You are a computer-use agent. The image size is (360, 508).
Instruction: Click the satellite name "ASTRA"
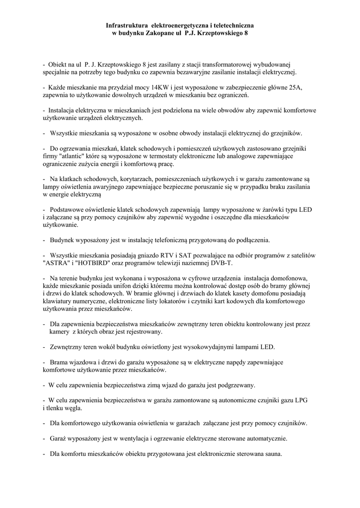56,263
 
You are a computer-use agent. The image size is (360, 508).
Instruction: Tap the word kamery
59,331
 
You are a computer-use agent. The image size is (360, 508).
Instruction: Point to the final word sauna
272,453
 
